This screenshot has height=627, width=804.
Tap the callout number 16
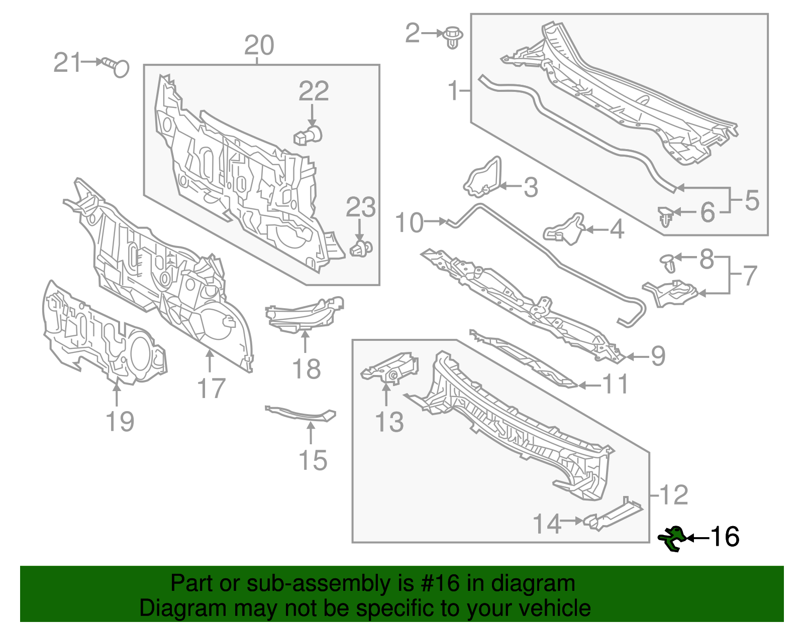724,537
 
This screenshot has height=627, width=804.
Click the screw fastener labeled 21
117,66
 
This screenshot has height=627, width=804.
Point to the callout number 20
259,45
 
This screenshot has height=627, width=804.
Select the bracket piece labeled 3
483,178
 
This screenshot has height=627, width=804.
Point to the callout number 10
410,222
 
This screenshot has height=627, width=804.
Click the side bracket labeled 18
305,313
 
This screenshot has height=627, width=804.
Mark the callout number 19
121,421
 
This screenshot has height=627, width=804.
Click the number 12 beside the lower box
673,495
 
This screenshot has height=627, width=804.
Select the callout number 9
658,356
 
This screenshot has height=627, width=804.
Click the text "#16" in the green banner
445,583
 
